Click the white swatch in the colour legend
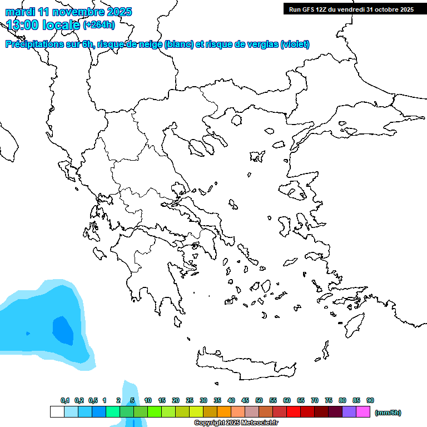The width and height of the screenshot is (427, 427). (57, 412)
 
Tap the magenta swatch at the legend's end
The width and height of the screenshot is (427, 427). (363, 412)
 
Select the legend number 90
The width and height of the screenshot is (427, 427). (370, 400)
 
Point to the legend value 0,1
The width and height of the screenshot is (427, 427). (65, 400)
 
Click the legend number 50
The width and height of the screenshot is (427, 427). (259, 400)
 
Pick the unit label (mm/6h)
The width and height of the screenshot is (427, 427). (388, 413)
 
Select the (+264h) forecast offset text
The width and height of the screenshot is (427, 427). (99, 24)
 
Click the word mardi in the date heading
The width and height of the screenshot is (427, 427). (20, 12)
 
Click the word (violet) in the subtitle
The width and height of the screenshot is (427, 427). (295, 44)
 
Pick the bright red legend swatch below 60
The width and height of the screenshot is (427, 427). (294, 412)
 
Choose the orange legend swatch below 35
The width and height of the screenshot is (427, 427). (224, 412)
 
